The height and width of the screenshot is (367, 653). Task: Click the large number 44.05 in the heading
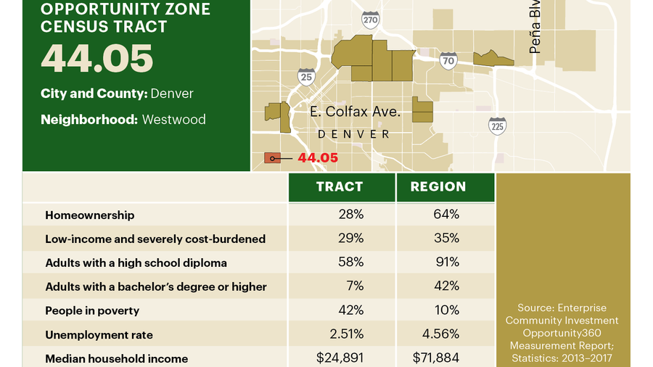pyautogui.click(x=96, y=59)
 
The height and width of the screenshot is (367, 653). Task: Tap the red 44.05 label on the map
pyautogui.click(x=318, y=157)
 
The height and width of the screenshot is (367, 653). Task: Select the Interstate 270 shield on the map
pyautogui.click(x=370, y=20)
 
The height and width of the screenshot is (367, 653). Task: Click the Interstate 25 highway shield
pyautogui.click(x=306, y=76)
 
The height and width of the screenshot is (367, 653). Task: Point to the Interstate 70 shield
pyautogui.click(x=448, y=61)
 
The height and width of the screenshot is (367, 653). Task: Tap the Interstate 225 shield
pyautogui.click(x=497, y=126)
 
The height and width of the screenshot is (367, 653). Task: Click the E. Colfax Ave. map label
pyautogui.click(x=355, y=112)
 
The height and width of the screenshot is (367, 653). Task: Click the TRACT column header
pyautogui.click(x=340, y=187)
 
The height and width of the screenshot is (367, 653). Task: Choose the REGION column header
pyautogui.click(x=438, y=187)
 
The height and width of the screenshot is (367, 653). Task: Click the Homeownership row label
pyautogui.click(x=89, y=215)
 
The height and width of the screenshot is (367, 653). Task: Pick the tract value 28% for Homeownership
pyautogui.click(x=350, y=214)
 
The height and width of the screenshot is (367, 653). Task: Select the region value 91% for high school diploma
pyautogui.click(x=447, y=262)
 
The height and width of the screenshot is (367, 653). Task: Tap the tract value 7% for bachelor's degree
pyautogui.click(x=355, y=286)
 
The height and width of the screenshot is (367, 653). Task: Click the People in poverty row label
pyautogui.click(x=92, y=310)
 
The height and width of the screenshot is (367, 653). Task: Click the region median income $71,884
pyautogui.click(x=436, y=358)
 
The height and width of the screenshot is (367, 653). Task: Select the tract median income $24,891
pyautogui.click(x=340, y=358)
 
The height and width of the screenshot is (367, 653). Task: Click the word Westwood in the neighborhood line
pyautogui.click(x=173, y=119)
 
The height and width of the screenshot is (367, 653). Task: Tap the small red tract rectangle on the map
pyautogui.click(x=272, y=157)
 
